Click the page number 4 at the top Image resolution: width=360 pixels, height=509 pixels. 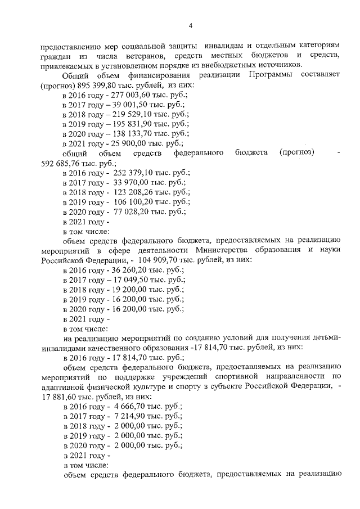point(190,25)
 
